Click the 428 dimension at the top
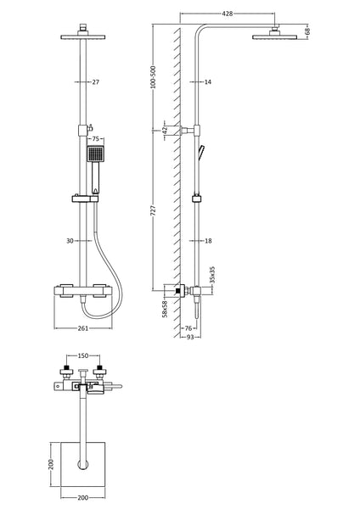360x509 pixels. (x=227, y=14)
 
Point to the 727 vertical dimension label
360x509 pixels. (x=153, y=209)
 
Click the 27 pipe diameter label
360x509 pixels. (x=95, y=81)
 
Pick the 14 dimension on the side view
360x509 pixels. (x=208, y=81)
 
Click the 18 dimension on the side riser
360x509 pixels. (x=208, y=241)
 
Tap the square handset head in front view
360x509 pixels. (x=97, y=155)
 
